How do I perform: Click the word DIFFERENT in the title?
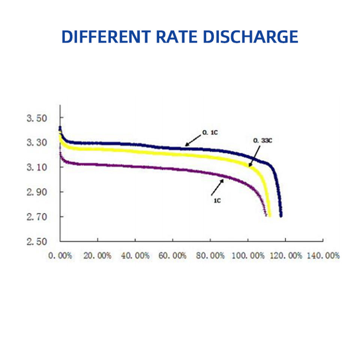106,37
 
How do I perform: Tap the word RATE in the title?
177,37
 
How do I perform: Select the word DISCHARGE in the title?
251,37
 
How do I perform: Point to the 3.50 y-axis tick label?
37,118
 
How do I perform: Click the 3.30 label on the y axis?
37,142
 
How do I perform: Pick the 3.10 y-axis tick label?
37,167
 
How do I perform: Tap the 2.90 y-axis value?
37,192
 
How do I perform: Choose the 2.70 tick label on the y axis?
37,217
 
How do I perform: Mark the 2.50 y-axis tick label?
37,241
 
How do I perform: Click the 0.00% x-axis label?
60,255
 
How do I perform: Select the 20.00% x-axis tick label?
97,255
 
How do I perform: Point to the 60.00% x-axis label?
172,255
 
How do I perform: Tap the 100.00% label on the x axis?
248,255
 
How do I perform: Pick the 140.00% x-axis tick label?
323,255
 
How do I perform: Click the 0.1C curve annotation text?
210,132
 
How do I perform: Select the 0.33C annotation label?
262,140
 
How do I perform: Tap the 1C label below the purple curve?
217,201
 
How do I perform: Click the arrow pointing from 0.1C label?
193,141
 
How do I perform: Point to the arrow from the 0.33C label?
254,156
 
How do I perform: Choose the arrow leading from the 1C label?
217,187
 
